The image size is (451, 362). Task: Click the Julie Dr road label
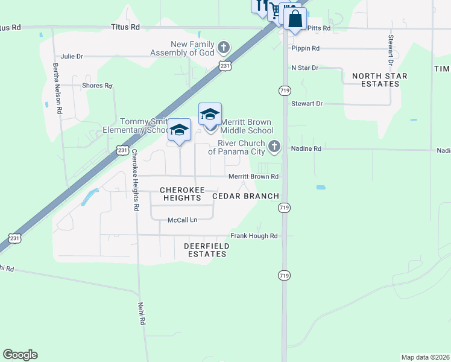point(72,56)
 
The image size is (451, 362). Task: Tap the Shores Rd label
point(97,86)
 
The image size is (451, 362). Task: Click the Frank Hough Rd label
point(254,236)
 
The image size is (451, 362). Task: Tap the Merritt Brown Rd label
point(253,177)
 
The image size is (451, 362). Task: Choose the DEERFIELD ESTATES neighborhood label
point(205,250)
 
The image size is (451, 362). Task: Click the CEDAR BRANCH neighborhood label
point(245,196)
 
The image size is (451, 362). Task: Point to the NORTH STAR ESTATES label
point(380,80)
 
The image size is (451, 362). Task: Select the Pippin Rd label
point(305,48)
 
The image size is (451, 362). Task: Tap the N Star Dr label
point(304,68)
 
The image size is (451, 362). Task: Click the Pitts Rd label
point(319,28)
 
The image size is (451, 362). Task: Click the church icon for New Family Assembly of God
point(224,46)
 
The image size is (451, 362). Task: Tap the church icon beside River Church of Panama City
point(274,146)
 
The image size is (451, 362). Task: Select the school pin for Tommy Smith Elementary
point(179,130)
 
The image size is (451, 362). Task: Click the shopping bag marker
point(295,18)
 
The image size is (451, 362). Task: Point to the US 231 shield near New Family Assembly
point(225,66)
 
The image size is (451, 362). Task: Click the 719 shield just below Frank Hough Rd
point(283,275)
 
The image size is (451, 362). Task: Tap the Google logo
point(20,355)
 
